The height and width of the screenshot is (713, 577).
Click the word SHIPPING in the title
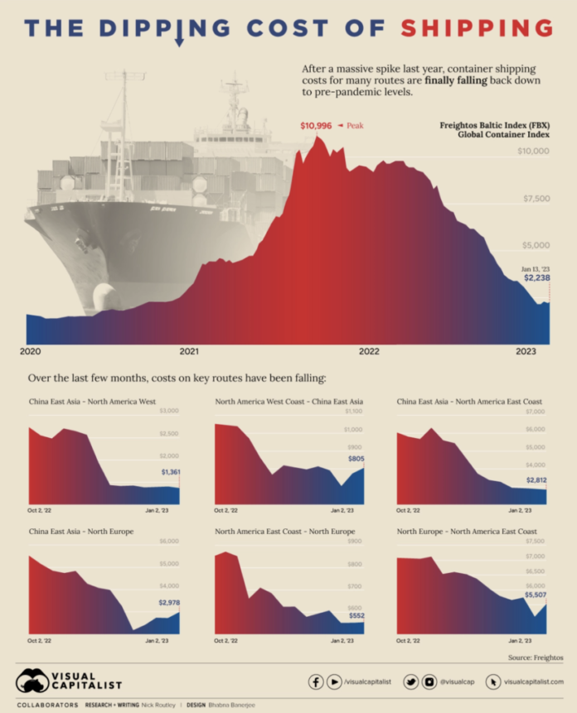click(477, 28)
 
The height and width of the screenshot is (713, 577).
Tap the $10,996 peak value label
click(316, 126)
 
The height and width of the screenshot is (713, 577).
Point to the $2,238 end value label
click(536, 278)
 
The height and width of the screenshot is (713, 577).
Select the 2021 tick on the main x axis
click(189, 351)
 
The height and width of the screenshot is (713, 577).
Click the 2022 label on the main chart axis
click(369, 351)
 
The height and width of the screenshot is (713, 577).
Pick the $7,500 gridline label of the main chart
click(534, 199)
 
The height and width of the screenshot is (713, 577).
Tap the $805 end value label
click(355, 458)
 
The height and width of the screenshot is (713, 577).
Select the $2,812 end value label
click(537, 479)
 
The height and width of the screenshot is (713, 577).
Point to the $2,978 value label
click(168, 603)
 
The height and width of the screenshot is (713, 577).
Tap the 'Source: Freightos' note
click(536, 658)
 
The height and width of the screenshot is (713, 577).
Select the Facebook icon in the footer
click(316, 682)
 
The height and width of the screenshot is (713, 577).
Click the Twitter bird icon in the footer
click(411, 682)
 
